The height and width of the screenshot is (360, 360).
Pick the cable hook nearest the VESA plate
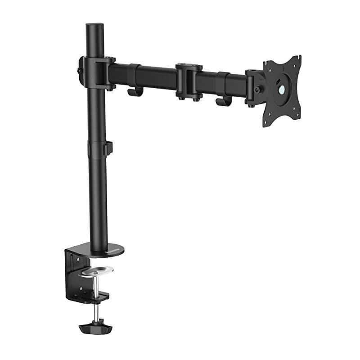coord(223,101)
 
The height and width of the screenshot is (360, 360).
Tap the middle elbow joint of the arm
coord(189,81)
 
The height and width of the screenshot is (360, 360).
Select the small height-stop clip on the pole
coord(108,148)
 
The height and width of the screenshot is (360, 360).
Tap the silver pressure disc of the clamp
coord(95,271)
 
